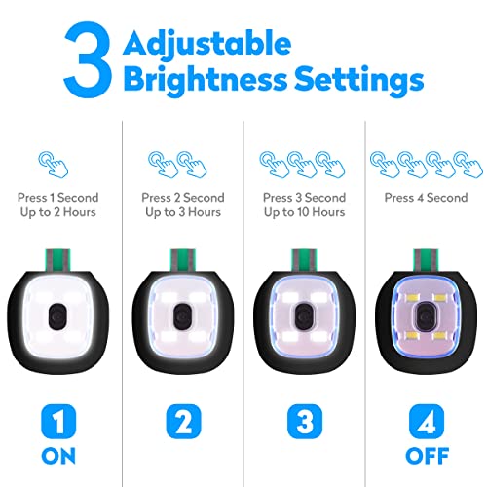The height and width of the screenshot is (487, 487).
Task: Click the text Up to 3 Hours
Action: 183,211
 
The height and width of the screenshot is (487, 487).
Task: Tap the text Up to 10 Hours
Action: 303,211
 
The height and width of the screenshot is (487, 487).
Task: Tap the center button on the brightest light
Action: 59,314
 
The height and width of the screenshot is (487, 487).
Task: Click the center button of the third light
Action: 303,314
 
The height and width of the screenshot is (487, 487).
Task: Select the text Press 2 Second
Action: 183,197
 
